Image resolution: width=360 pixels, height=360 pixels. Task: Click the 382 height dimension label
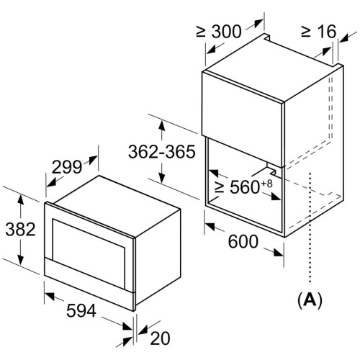point(20,229)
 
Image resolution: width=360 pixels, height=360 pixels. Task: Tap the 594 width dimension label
point(81,310)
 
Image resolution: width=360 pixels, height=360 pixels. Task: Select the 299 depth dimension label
point(67,167)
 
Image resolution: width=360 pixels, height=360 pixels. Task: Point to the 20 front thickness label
point(160,338)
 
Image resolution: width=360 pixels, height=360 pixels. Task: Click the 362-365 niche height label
point(162,152)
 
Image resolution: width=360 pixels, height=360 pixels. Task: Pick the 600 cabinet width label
point(243,241)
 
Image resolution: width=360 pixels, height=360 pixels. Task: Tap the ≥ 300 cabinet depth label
point(219,31)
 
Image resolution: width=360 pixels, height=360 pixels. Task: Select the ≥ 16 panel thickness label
point(319,31)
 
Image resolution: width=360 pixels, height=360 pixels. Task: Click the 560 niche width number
point(245,186)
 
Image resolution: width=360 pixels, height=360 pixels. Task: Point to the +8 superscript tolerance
point(266,184)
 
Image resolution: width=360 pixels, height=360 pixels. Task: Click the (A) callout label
point(310,300)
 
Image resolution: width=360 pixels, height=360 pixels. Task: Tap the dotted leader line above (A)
point(310,227)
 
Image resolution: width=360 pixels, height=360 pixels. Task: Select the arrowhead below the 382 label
point(21,258)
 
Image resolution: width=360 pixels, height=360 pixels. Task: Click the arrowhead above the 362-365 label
point(162,127)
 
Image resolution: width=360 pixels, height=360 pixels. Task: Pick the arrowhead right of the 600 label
point(278,252)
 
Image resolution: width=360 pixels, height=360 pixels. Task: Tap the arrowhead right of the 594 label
point(127,326)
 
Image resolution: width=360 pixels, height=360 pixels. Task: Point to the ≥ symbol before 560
point(219,187)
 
